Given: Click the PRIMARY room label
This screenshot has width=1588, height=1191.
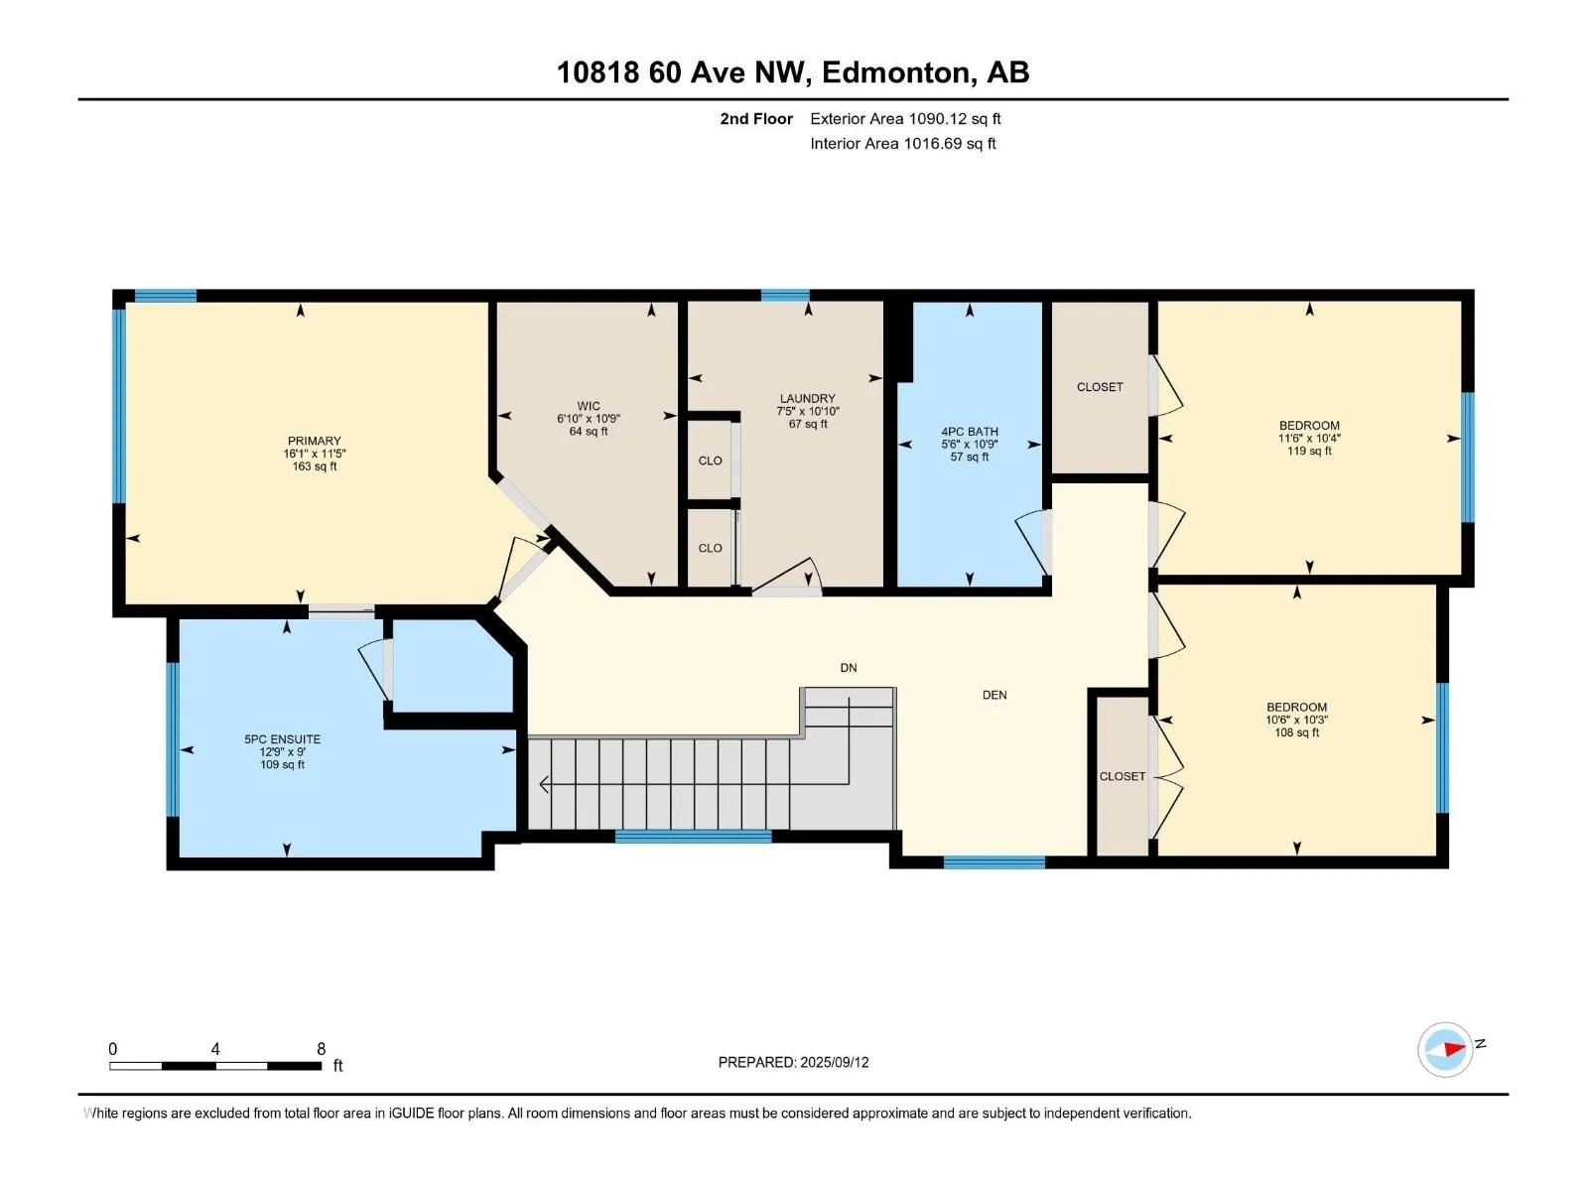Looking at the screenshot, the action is [314, 441].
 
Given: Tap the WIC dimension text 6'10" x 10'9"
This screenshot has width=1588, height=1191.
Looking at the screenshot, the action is [589, 419].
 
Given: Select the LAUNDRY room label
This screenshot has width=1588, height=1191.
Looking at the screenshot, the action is [807, 398].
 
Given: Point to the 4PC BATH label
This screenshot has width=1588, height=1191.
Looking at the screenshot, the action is [970, 432].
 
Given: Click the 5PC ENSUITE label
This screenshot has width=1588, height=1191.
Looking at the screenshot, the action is [282, 739].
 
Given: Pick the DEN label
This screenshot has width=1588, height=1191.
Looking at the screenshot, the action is [994, 695].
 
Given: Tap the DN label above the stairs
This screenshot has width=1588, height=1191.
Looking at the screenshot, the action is [849, 667].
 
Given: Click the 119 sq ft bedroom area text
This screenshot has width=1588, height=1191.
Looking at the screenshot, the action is [1309, 451].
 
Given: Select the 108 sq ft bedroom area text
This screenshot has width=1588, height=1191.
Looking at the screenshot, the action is [1296, 732].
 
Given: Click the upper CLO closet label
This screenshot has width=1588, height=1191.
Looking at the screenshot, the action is [711, 461].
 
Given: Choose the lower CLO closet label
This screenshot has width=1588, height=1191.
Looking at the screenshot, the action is [711, 548].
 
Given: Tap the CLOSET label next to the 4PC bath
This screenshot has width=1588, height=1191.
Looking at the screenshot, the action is [1100, 387].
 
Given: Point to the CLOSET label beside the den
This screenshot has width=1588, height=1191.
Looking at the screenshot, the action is [1123, 776].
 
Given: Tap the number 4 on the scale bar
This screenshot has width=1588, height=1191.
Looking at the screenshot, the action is [214, 1048].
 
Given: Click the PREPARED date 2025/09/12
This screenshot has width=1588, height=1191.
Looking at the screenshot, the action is [834, 1062].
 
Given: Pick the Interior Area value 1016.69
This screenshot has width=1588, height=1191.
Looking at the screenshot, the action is [933, 143].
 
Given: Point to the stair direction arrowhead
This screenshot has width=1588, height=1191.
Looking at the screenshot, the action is [544, 784].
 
